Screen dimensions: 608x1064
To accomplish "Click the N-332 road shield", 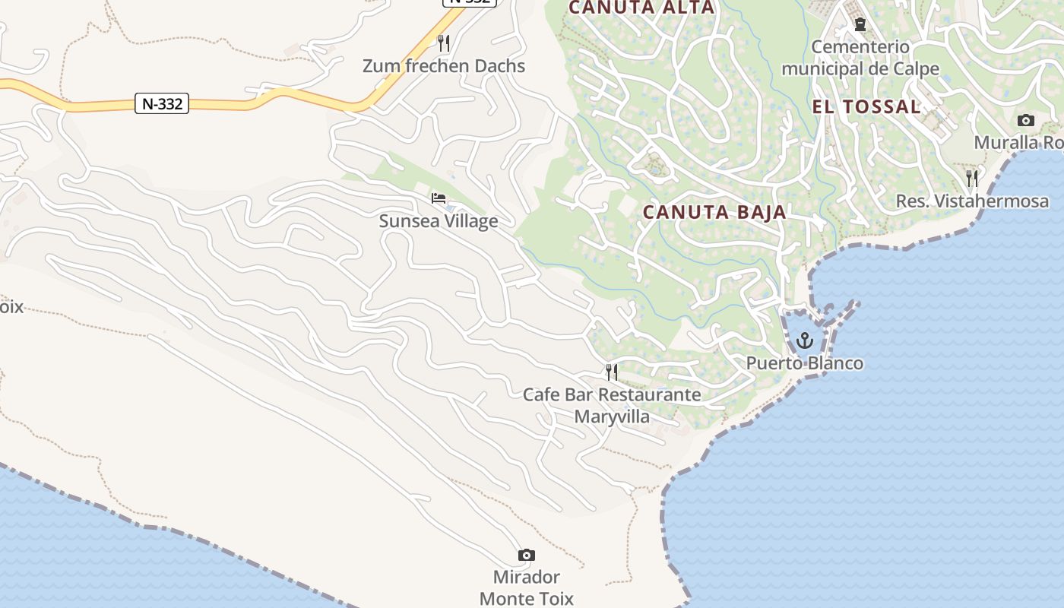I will [x=162, y=103].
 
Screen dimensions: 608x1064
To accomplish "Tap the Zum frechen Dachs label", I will [x=444, y=66].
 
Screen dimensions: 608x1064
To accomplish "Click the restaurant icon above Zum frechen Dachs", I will [x=445, y=43].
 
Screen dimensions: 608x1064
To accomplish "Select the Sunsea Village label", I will [x=439, y=221].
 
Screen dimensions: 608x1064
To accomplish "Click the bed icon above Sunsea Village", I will [x=439, y=198].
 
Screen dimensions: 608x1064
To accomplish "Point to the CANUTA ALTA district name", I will [x=641, y=8].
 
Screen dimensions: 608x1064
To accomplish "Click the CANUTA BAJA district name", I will [x=714, y=212].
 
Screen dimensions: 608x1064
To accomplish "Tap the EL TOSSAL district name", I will [x=866, y=106].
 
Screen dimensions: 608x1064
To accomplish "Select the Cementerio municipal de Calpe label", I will [x=860, y=58].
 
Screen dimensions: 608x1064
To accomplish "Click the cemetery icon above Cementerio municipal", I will [x=860, y=25].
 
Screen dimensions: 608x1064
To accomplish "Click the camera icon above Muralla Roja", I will [x=1025, y=120].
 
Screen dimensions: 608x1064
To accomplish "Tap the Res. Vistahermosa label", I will [x=972, y=201].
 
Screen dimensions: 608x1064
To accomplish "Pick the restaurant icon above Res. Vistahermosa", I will [x=972, y=179].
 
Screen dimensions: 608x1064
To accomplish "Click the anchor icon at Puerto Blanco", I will [x=805, y=340].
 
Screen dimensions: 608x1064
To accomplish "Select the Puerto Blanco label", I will [x=805, y=363].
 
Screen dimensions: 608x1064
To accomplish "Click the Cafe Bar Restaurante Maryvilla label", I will [x=612, y=405].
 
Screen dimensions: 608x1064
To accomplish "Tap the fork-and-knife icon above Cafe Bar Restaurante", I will [x=612, y=372].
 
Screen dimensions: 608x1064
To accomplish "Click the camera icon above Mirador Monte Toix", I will [x=526, y=556].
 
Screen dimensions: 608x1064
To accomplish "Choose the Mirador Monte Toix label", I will [x=526, y=587].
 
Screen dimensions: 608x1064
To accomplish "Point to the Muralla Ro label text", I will [x=1018, y=143].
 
